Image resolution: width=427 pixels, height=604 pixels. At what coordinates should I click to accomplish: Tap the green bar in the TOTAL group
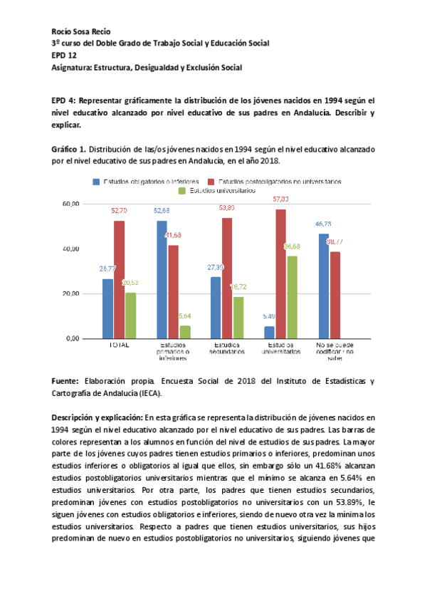pos(130,316)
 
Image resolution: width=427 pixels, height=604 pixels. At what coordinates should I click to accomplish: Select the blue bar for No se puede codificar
pos(323,286)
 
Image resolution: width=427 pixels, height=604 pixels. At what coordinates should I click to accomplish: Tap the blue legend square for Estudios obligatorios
pos(96,182)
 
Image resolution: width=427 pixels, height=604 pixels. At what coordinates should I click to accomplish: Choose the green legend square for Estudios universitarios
pos(181,191)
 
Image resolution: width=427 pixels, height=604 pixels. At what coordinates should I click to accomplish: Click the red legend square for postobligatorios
pos(212,182)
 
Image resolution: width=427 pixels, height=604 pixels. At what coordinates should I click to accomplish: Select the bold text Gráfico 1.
pos(69,150)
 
